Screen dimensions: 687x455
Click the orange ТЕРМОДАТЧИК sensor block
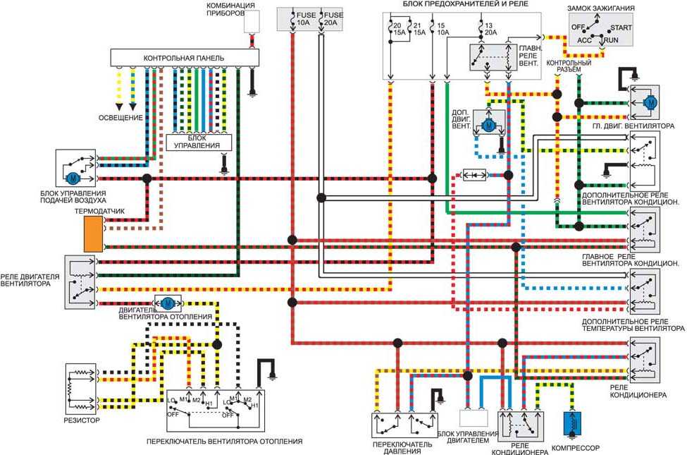pyautogui.click(x=93, y=234)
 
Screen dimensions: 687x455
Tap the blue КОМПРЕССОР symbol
pyautogui.click(x=572, y=424)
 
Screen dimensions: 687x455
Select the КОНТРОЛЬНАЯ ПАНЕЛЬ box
pyautogui.click(x=185, y=58)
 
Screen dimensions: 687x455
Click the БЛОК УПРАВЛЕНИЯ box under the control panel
pyautogui.click(x=199, y=142)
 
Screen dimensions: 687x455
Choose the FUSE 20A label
pyautogui.click(x=333, y=19)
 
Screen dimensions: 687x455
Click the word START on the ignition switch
pyautogui.click(x=621, y=28)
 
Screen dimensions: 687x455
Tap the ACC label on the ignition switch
pyautogui.click(x=584, y=40)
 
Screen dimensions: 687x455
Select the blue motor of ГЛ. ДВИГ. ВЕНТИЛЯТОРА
pyautogui.click(x=650, y=103)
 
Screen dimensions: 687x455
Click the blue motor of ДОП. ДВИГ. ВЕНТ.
pyautogui.click(x=488, y=126)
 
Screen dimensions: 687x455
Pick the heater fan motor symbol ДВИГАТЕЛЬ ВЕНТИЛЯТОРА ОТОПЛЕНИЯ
pyautogui.click(x=168, y=303)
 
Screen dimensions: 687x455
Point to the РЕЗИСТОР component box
pyautogui.click(x=80, y=389)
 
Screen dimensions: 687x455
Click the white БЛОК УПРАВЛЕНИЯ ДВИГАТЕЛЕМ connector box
pyautogui.click(x=474, y=418)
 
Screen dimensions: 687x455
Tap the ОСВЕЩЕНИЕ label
pyautogui.click(x=120, y=118)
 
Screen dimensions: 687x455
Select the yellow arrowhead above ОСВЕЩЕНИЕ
pyautogui.click(x=119, y=107)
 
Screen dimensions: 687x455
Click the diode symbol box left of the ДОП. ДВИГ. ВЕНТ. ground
pyautogui.click(x=474, y=175)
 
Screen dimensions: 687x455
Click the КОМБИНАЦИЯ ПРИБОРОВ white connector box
pyautogui.click(x=252, y=21)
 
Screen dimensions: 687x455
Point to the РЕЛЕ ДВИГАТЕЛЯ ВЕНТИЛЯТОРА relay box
pyautogui.click(x=80, y=281)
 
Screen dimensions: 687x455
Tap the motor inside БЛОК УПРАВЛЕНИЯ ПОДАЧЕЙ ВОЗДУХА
pyautogui.click(x=73, y=178)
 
